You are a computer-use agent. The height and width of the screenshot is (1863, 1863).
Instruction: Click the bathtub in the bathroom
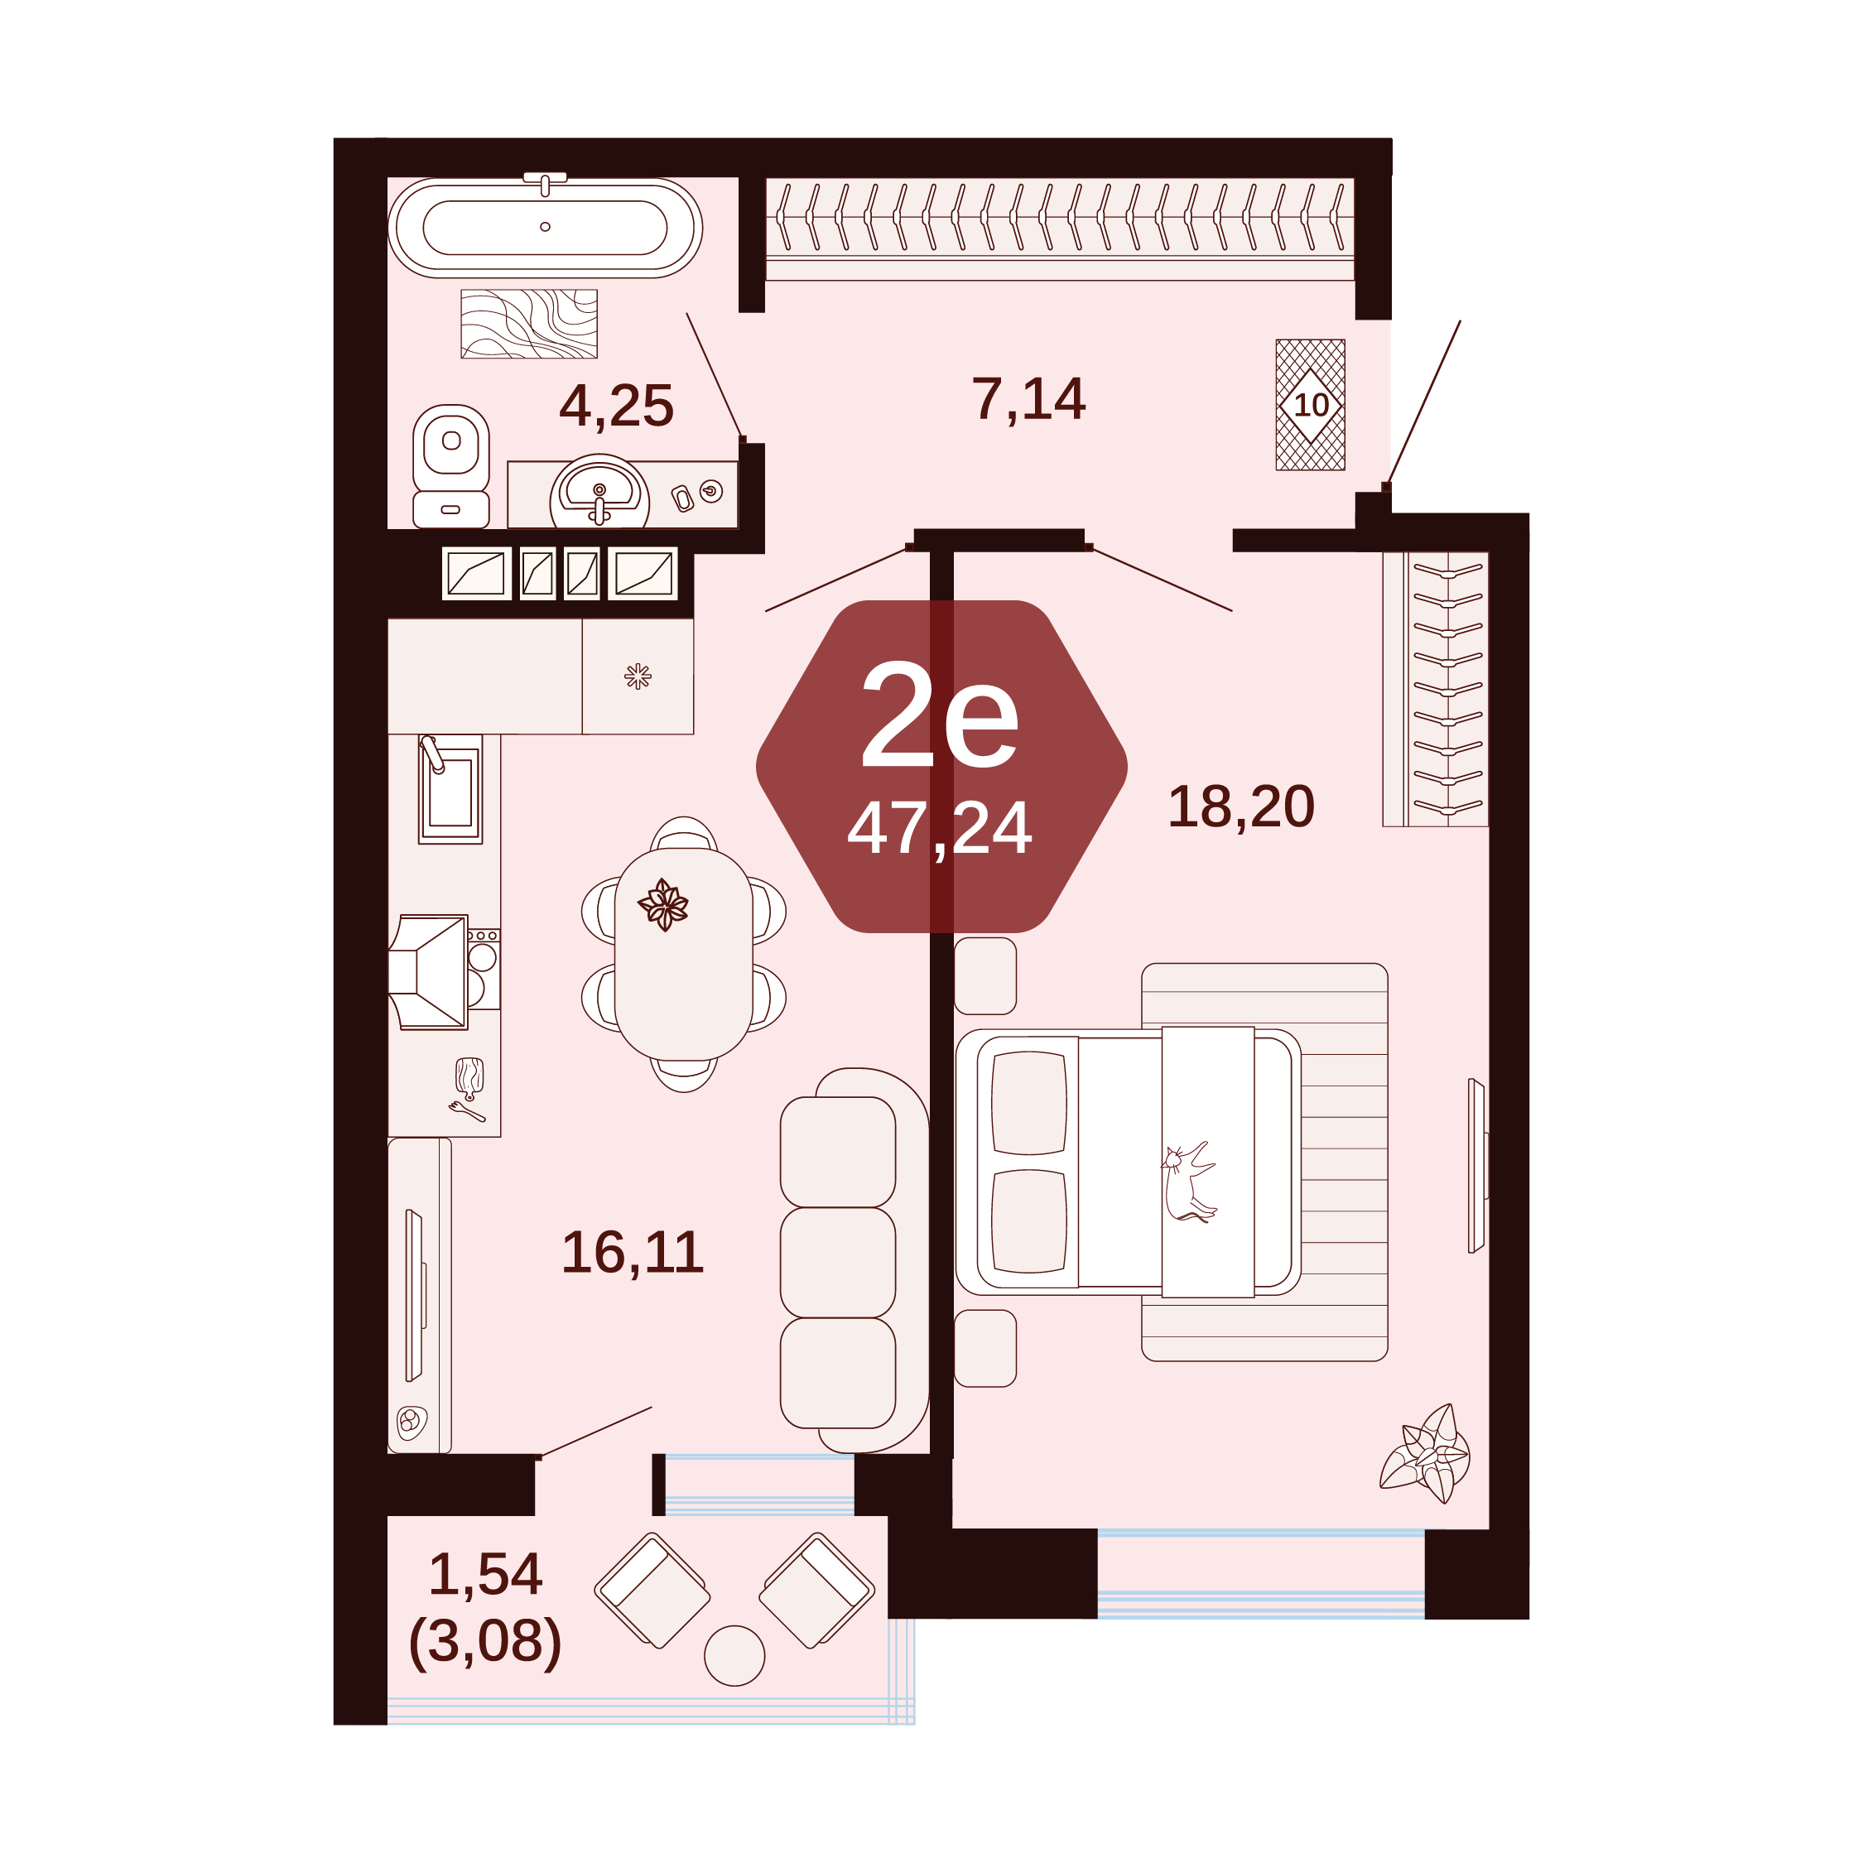(x=545, y=228)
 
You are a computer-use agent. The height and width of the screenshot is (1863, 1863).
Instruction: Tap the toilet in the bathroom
(x=450, y=465)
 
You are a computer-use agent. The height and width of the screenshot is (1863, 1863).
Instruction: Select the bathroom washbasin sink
(x=599, y=493)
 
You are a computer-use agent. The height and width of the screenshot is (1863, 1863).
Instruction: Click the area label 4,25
(x=616, y=406)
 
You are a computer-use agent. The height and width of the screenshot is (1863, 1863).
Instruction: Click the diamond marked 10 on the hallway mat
(x=1311, y=405)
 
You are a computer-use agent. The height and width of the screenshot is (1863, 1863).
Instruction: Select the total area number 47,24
(x=939, y=827)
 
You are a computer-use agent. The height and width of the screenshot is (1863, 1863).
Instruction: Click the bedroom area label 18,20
(x=1241, y=806)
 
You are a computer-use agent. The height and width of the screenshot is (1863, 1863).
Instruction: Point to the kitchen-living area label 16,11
(x=633, y=1253)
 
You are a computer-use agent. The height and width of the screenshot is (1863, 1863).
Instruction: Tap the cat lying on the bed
(x=1189, y=1182)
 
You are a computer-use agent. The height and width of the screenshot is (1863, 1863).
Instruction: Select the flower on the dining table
(x=663, y=904)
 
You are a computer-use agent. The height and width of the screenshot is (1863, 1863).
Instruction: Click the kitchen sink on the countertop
(x=450, y=790)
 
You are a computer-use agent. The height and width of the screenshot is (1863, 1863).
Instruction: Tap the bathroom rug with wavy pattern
(x=529, y=324)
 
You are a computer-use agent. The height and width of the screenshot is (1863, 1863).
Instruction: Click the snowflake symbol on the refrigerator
(x=638, y=676)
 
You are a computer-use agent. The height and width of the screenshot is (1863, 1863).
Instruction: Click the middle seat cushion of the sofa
(x=838, y=1262)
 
